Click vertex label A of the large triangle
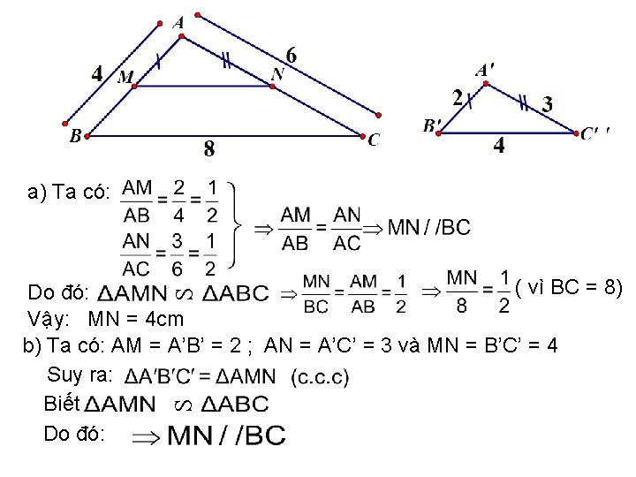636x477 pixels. click(179, 22)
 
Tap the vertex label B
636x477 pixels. click(75, 136)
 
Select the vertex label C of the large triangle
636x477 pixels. click(375, 140)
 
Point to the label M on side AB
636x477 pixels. click(125, 78)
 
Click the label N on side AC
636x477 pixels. click(277, 74)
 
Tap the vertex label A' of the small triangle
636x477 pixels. click(485, 69)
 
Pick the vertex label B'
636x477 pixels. click(432, 125)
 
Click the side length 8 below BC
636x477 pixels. click(209, 149)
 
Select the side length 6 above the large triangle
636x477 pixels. click(291, 55)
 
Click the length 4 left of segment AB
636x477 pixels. click(96, 72)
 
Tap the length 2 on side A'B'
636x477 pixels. click(458, 97)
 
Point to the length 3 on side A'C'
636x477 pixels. click(548, 103)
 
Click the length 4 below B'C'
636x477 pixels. click(499, 146)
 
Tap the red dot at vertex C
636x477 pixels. click(362, 135)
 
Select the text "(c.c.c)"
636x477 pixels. click(319, 377)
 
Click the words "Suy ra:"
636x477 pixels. click(80, 374)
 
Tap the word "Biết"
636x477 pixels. click(61, 404)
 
